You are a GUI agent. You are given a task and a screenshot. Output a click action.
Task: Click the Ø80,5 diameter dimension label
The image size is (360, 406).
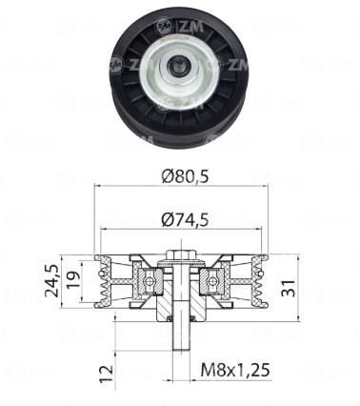point(185,176)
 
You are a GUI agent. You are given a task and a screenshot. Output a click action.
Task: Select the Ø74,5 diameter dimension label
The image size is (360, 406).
point(185,219)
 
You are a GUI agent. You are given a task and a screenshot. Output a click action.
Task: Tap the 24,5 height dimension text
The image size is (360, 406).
point(52,281)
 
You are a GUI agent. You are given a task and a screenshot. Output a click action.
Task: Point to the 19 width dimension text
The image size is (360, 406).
point(72,280)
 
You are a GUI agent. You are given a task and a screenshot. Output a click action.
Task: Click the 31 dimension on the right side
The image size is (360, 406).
point(289,289)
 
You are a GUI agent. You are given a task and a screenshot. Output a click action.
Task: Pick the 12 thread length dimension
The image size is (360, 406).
point(107,374)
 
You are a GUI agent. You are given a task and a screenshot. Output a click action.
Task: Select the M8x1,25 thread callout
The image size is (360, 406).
point(235,370)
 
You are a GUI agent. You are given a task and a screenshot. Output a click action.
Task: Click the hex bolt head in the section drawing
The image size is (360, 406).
point(181,254)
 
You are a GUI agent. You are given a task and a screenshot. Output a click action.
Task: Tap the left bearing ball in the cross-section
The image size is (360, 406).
point(150,281)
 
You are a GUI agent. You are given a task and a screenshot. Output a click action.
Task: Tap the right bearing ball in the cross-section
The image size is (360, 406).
point(212,281)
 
